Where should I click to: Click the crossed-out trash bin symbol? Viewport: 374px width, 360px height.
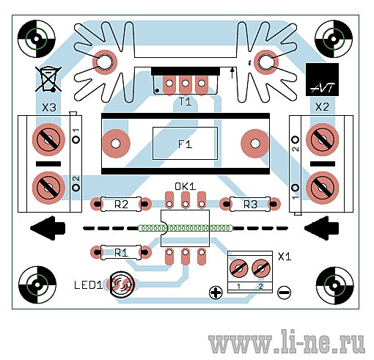(x=48, y=79)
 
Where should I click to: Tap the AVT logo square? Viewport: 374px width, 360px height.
(x=322, y=79)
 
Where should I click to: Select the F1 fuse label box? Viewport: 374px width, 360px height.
(x=185, y=143)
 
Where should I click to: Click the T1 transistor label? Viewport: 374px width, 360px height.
(x=185, y=102)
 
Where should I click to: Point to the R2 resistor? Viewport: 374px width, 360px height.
(x=121, y=204)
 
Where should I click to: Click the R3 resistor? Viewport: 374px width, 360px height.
(x=250, y=204)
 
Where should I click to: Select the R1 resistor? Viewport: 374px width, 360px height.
(x=121, y=252)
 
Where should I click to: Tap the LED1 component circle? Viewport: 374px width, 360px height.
(x=121, y=284)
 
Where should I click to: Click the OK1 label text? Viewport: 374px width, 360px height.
(x=186, y=187)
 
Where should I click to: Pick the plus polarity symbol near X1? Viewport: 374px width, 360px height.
(x=216, y=293)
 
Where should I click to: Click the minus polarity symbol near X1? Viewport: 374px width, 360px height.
(x=285, y=293)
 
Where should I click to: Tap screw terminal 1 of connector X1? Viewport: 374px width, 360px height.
(x=239, y=268)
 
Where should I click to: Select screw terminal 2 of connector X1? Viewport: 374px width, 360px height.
(x=261, y=268)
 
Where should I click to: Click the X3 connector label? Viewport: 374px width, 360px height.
(x=49, y=108)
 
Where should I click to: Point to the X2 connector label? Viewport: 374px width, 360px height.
(x=322, y=107)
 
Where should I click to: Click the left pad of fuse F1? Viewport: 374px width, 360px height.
(x=116, y=143)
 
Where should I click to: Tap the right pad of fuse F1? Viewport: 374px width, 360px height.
(x=254, y=144)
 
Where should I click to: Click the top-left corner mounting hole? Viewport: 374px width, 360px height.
(x=37, y=39)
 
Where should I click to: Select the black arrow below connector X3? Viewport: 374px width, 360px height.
(x=48, y=228)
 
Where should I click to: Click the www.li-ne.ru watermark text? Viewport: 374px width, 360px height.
(x=286, y=341)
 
